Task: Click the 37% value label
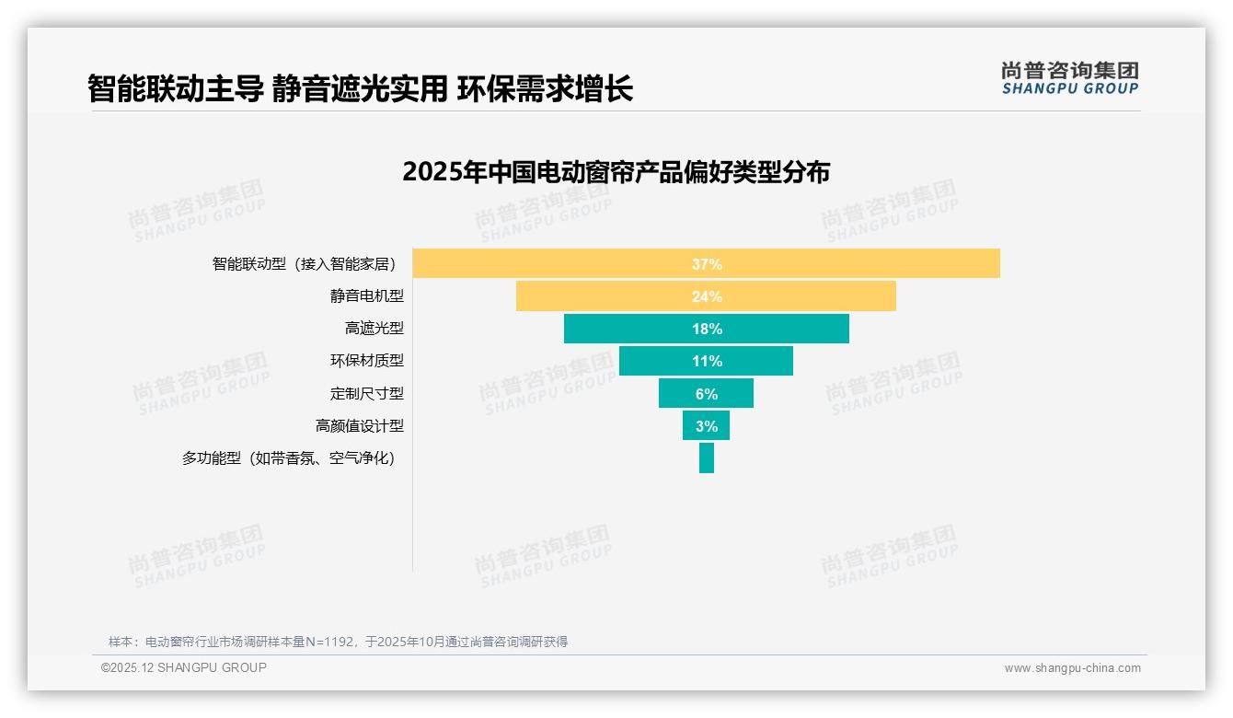pyautogui.click(x=707, y=264)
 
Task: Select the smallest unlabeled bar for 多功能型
pyautogui.click(x=707, y=457)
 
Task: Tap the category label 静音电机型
pyautogui.click(x=367, y=296)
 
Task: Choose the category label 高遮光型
pyautogui.click(x=375, y=329)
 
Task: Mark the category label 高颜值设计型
pyautogui.click(x=360, y=425)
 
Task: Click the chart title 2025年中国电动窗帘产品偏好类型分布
pyautogui.click(x=616, y=172)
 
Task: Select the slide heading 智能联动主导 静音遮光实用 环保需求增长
pyautogui.click(x=360, y=89)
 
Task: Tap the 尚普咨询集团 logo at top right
pyautogui.click(x=1069, y=77)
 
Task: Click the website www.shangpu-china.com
pyautogui.click(x=1072, y=668)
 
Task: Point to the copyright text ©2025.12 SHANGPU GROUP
pyautogui.click(x=184, y=667)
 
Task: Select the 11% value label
pyautogui.click(x=707, y=361)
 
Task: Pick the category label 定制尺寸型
pyautogui.click(x=367, y=393)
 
